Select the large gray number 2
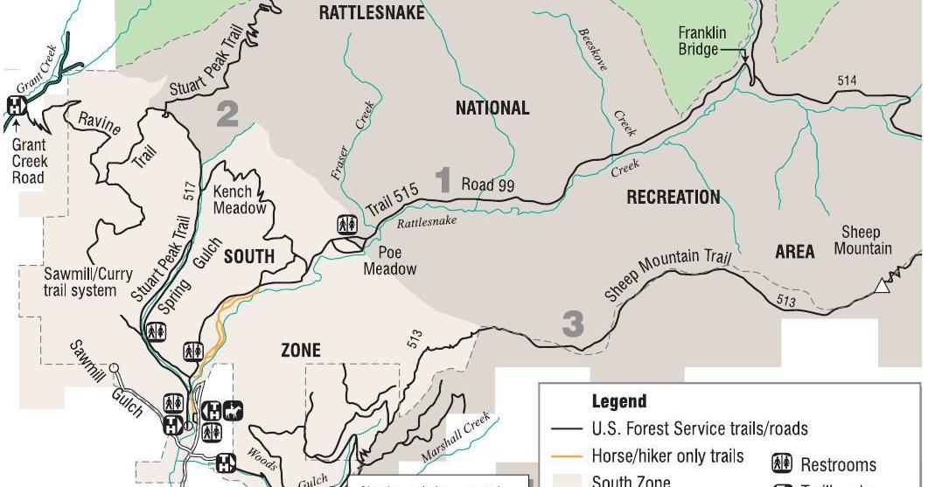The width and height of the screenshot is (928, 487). [227, 115]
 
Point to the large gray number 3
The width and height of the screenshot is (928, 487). [572, 324]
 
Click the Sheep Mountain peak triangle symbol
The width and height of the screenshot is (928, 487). [883, 285]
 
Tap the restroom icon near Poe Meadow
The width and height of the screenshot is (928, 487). [346, 225]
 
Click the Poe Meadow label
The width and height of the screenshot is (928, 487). [390, 260]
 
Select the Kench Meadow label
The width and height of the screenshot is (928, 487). [239, 199]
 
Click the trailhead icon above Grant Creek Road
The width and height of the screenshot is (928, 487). [16, 106]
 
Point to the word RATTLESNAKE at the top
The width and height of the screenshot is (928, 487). [372, 12]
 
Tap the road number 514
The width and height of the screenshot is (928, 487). [847, 80]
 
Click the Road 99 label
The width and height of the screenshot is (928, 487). [488, 185]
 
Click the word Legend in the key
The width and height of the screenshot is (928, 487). [619, 401]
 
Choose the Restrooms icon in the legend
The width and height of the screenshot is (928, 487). [783, 464]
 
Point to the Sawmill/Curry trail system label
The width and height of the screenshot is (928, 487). [80, 282]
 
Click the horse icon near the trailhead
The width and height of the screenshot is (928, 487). [232, 409]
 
